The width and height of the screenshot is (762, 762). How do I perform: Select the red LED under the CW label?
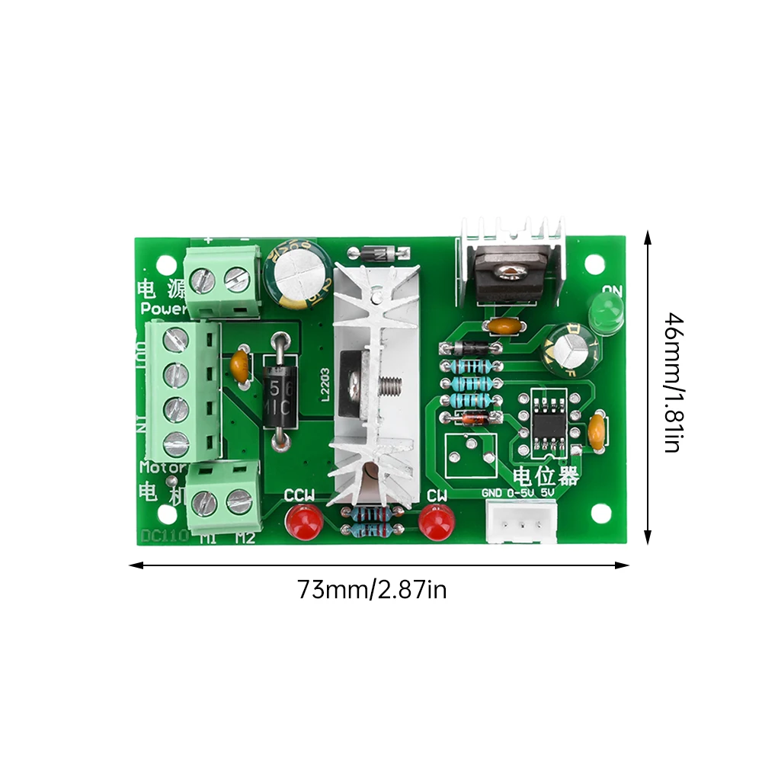point(436,522)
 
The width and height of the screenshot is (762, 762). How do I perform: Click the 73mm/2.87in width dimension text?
point(372,590)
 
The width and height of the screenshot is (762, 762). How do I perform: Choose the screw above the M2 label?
point(239,501)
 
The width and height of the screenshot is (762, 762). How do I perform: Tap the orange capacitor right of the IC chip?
point(597,431)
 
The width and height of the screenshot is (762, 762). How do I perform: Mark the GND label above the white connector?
point(492,493)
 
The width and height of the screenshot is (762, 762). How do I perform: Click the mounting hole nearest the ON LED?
point(596,264)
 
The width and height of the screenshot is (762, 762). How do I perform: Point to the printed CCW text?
point(299,495)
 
